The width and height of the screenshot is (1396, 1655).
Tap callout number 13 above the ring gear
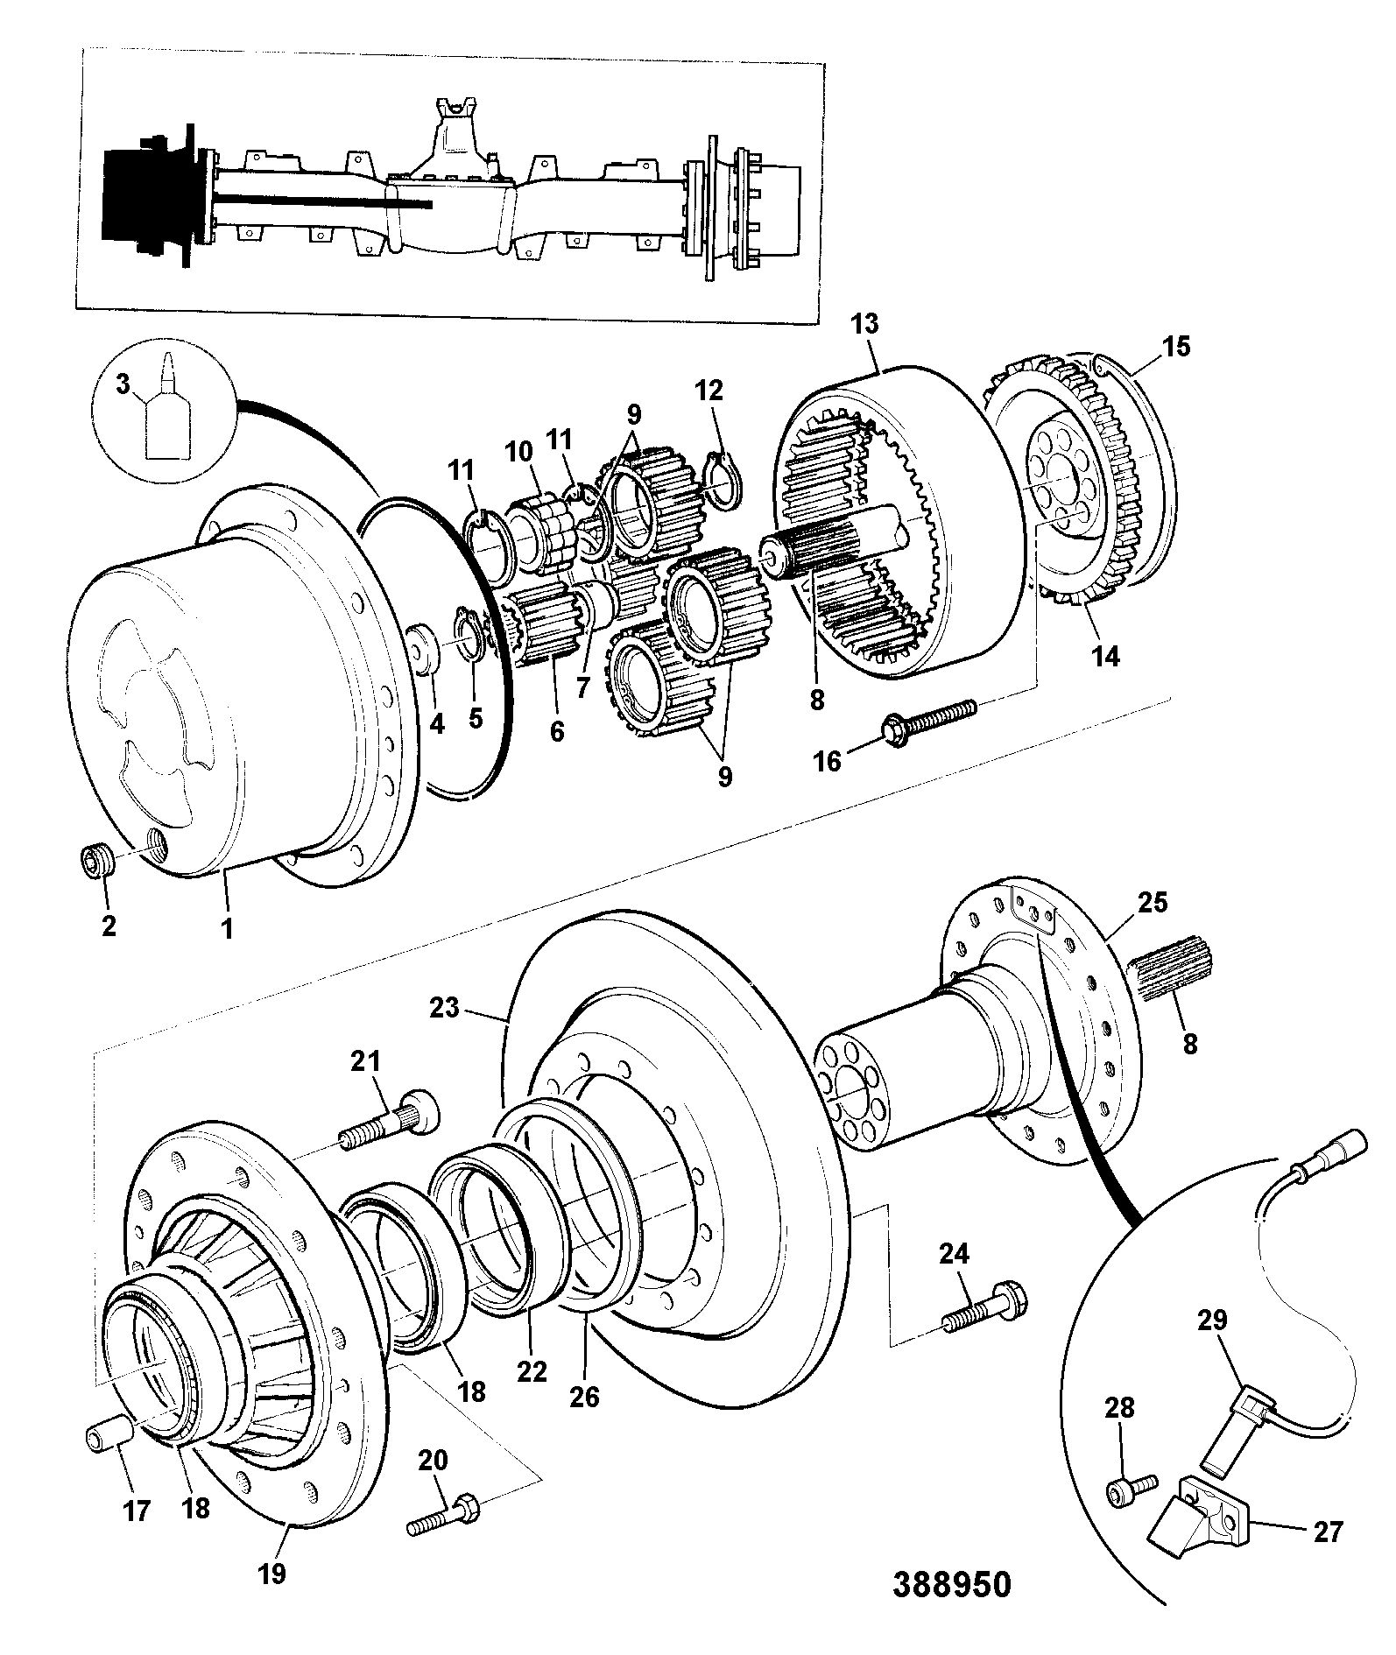(864, 324)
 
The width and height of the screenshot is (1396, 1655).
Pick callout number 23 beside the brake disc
(445, 1009)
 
